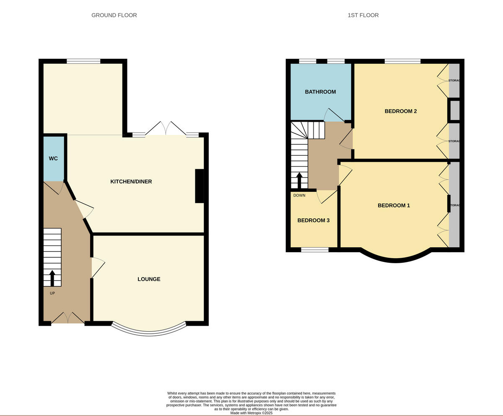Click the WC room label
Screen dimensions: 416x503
(x=53, y=158)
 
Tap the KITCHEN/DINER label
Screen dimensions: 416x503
(x=131, y=182)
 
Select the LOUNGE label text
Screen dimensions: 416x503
(x=149, y=279)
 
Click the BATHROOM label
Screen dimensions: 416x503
(x=320, y=92)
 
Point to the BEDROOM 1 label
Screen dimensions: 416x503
(x=394, y=205)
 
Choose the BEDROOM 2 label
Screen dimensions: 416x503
(x=400, y=111)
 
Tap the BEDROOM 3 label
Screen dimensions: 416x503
(x=313, y=220)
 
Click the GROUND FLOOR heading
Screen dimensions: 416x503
(x=114, y=15)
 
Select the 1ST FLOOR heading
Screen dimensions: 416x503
(x=363, y=15)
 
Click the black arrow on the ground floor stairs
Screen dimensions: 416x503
(x=52, y=278)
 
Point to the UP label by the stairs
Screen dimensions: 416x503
(x=52, y=293)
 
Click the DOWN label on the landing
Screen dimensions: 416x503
(x=299, y=195)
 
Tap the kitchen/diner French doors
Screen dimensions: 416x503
(x=166, y=129)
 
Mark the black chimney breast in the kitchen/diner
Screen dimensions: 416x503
(x=200, y=186)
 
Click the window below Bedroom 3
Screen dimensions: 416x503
(x=314, y=250)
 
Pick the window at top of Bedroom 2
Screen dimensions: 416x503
(x=402, y=61)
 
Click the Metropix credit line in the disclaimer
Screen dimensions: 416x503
(x=251, y=413)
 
